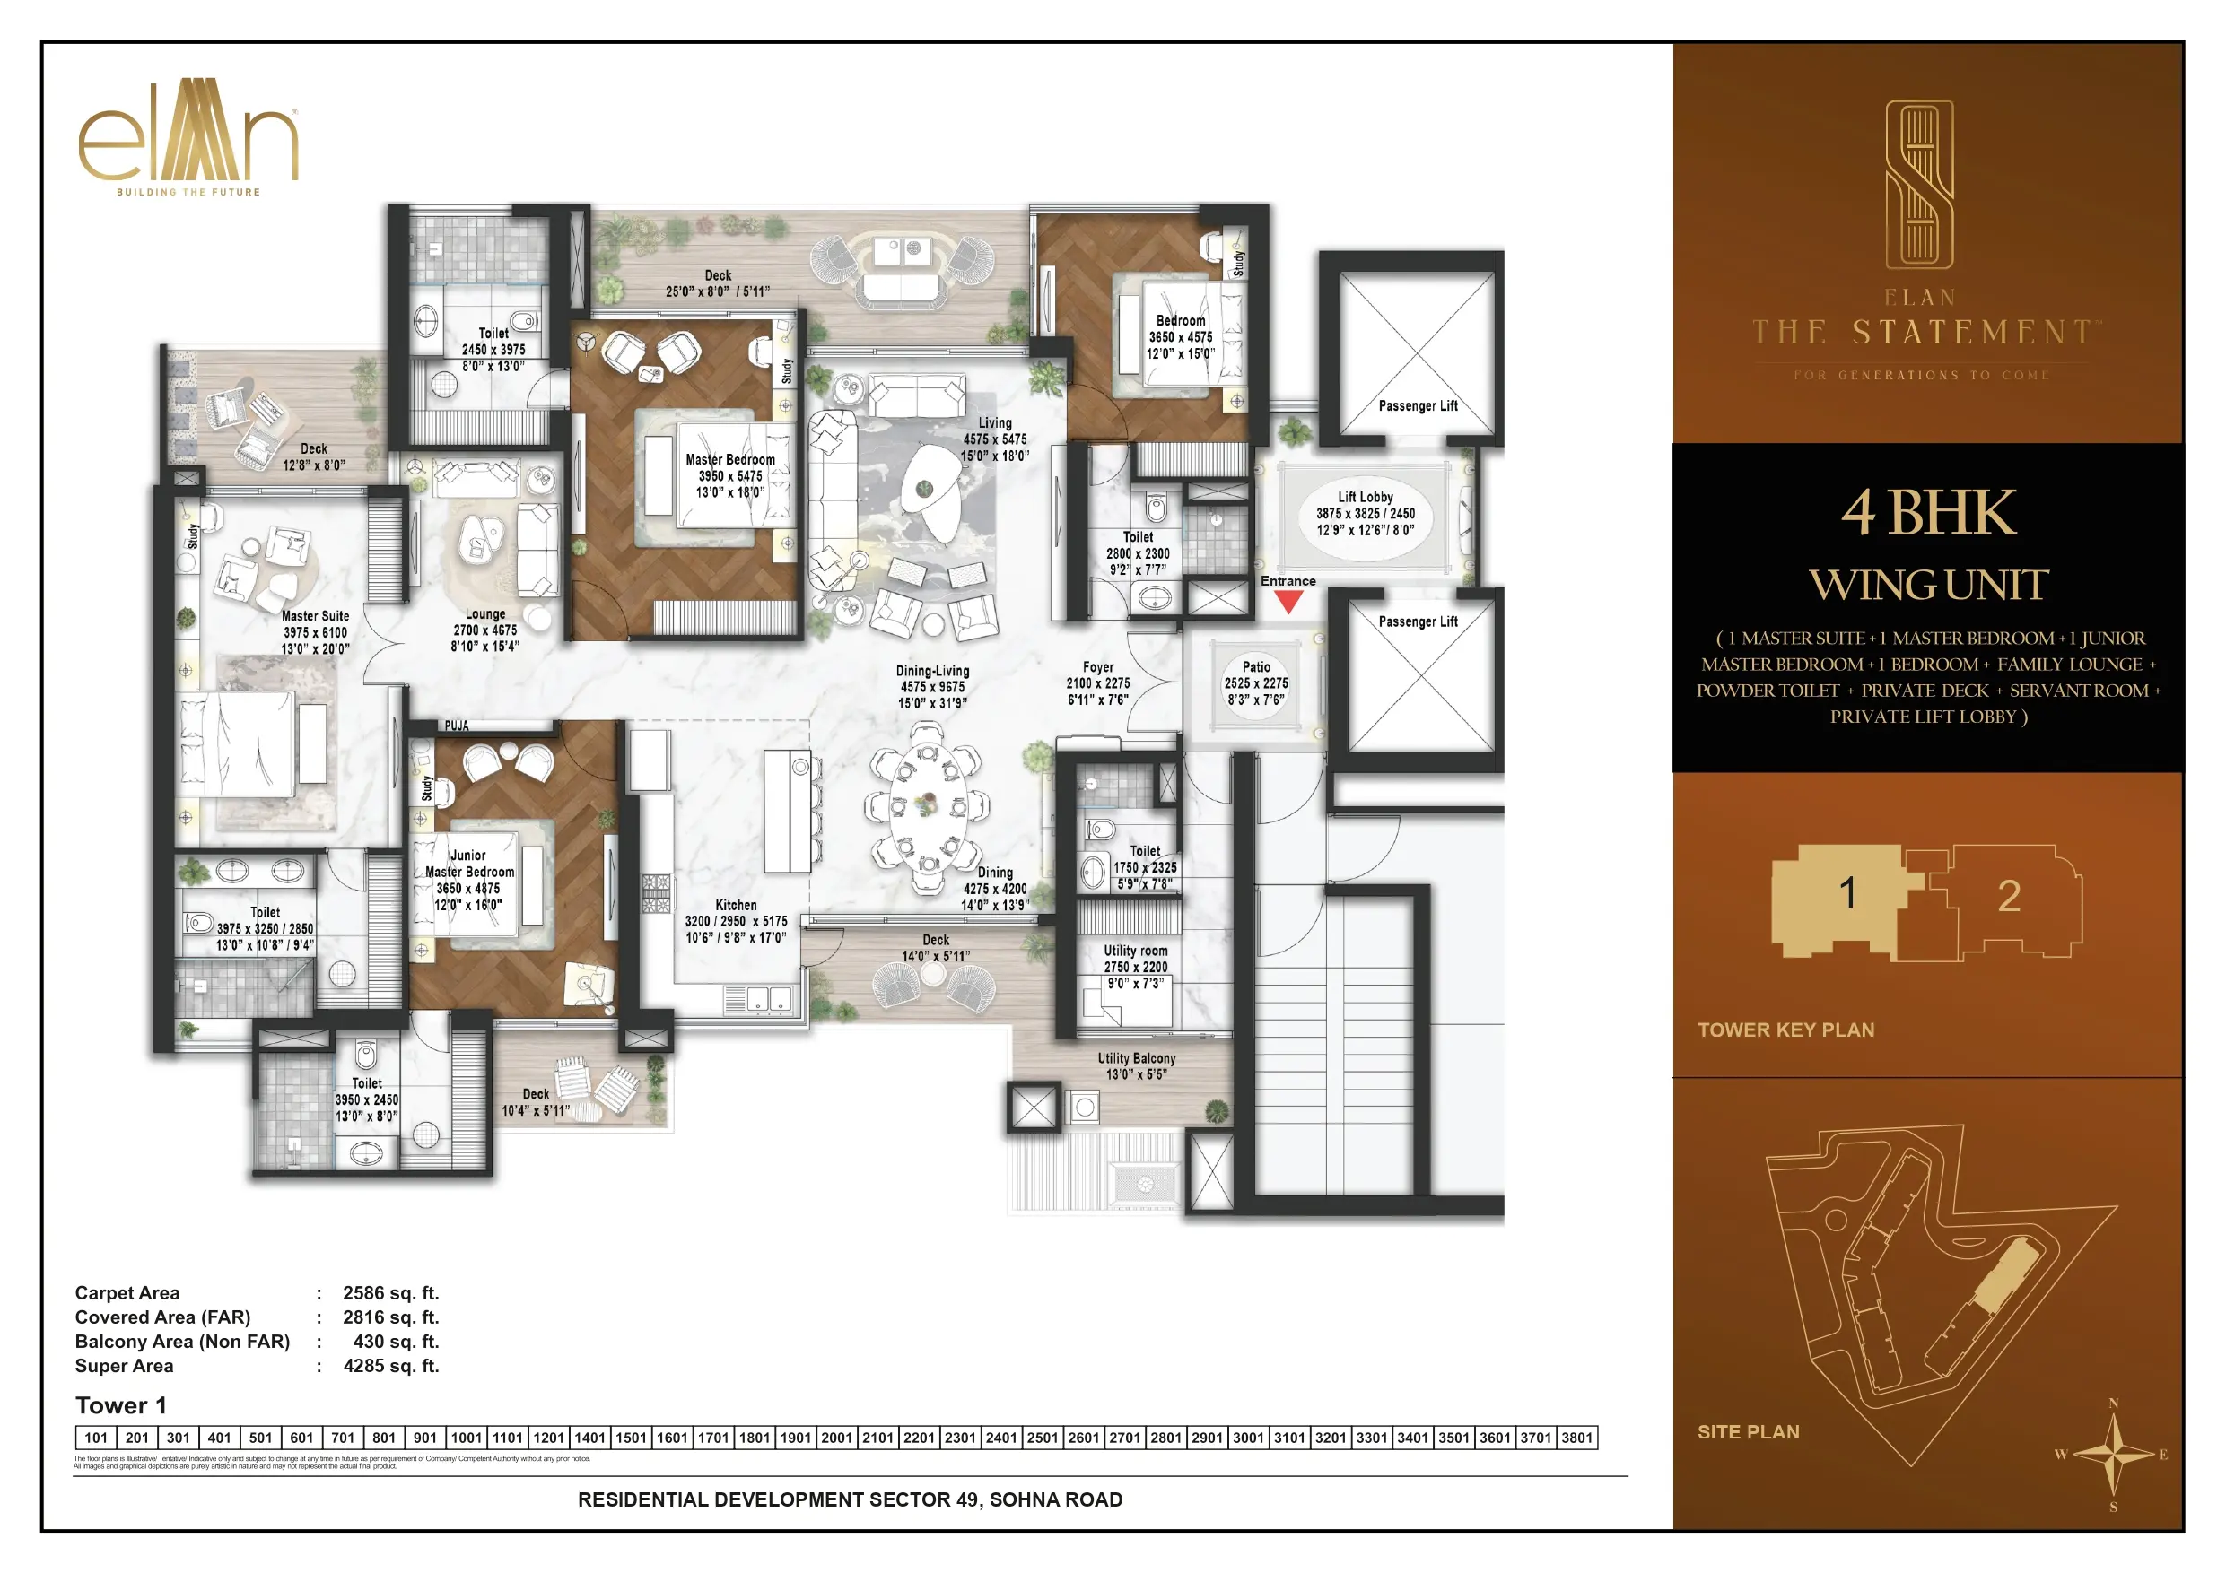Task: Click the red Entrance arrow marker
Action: point(1288,602)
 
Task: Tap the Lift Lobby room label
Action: point(1365,497)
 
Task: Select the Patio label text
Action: point(1256,667)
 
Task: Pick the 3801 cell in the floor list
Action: point(1576,1438)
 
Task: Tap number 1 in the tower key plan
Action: point(1848,893)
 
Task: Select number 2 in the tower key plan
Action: point(2009,897)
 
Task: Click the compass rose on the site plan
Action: point(2114,1454)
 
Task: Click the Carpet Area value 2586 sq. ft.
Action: point(390,1293)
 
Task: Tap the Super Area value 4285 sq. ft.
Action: point(390,1366)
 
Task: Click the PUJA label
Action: point(457,725)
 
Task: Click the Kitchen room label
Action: point(736,904)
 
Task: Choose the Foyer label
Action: point(1097,667)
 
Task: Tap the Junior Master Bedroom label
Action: point(469,864)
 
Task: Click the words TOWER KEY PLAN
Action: point(1785,1030)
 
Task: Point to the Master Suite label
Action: point(315,616)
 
